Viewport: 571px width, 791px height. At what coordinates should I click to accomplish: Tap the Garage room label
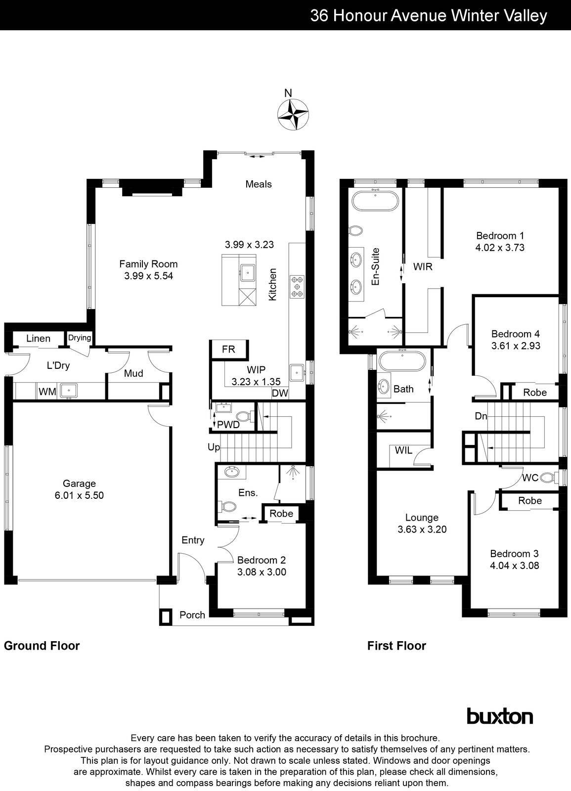79,483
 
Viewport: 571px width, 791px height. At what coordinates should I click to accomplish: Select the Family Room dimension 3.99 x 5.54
148,276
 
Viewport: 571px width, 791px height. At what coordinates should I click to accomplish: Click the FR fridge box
228,349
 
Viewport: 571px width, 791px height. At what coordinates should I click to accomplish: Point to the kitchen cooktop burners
298,286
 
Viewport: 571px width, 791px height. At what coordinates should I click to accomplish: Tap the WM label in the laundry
47,392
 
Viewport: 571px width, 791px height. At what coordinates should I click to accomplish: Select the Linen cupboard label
38,339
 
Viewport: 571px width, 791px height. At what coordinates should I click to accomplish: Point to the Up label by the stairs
214,447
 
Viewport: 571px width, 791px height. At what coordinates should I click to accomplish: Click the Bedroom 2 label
261,560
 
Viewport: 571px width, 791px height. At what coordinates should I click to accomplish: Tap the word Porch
192,615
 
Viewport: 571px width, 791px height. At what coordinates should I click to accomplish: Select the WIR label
423,267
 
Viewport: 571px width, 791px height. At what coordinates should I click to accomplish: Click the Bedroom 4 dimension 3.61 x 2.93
516,346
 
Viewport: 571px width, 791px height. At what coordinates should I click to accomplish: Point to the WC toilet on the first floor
546,478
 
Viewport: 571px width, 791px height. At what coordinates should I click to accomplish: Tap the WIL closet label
403,450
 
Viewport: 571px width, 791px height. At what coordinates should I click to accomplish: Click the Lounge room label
422,518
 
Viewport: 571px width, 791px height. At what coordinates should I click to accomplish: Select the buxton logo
500,716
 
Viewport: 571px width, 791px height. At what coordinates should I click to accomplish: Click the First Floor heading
396,646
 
